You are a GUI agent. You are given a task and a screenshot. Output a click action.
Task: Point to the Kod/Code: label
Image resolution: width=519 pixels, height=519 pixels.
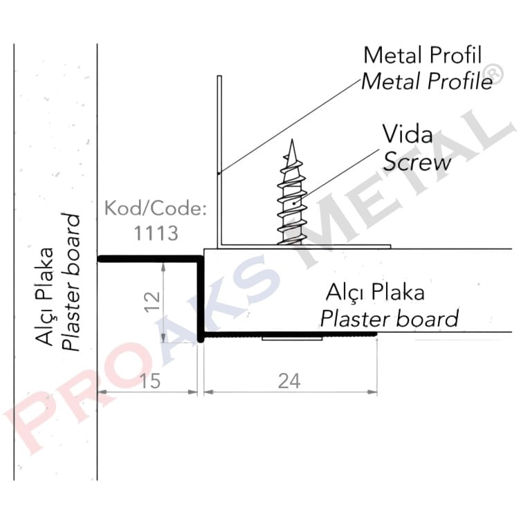[x=154, y=209]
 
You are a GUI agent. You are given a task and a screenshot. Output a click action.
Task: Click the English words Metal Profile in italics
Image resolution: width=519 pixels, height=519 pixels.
[x=427, y=81]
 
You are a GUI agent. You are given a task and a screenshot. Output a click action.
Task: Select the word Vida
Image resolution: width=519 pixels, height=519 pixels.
[x=408, y=134]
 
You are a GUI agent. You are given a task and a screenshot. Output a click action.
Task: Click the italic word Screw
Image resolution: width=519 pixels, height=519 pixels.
[x=417, y=162]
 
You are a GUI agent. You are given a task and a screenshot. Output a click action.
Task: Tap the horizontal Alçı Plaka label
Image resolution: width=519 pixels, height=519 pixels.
[x=377, y=292]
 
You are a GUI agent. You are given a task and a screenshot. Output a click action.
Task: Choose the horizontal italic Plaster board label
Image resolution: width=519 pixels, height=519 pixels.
[x=389, y=318]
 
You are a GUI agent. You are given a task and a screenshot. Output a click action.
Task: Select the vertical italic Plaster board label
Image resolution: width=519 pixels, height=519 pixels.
[x=72, y=284]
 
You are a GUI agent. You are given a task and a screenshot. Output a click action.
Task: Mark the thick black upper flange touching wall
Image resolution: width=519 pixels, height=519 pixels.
[x=149, y=259]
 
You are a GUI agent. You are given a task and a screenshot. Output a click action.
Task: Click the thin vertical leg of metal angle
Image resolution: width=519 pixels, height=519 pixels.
[x=219, y=159]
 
